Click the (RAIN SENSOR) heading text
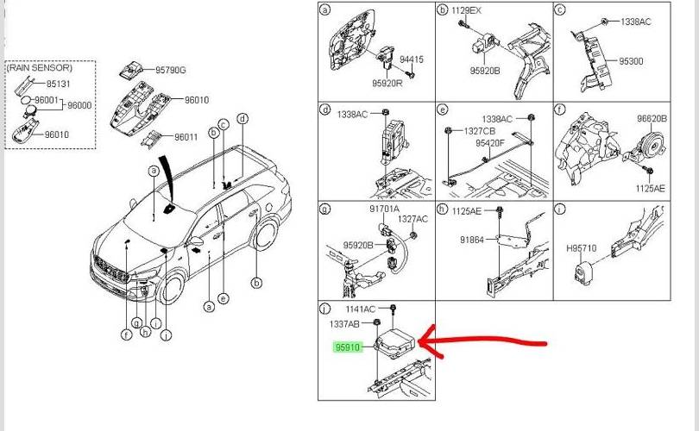coord(40,67)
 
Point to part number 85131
coord(58,84)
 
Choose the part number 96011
coord(186,137)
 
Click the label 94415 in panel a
coord(411,59)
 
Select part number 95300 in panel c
coord(631,61)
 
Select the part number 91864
coord(473,241)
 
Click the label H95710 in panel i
coord(581,248)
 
